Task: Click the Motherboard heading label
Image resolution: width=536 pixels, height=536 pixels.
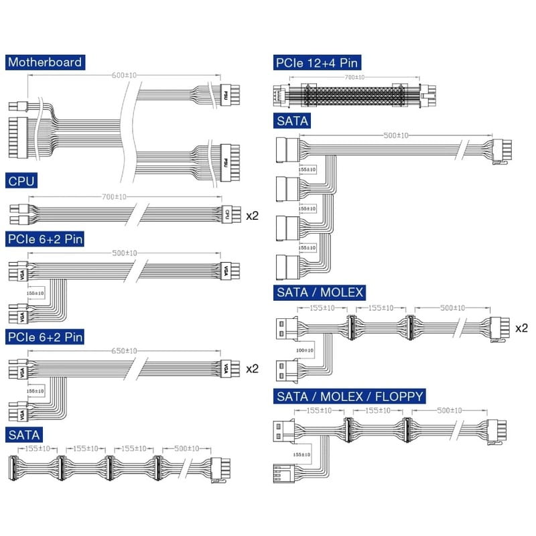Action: pyautogui.click(x=45, y=62)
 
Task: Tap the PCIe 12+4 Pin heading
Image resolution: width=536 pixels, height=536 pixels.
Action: pyautogui.click(x=317, y=64)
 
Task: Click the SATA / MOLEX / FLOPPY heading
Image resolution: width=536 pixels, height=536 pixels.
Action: pyautogui.click(x=349, y=397)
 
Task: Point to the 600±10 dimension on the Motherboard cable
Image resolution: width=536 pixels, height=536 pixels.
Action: pyautogui.click(x=124, y=76)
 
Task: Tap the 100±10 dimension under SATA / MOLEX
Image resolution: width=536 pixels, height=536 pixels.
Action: pyautogui.click(x=304, y=350)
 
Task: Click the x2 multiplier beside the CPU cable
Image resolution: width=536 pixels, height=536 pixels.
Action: pyautogui.click(x=253, y=215)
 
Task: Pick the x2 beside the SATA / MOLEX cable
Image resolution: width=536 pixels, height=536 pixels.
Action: pyautogui.click(x=521, y=328)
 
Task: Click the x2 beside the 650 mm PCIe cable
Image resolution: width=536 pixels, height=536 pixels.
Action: pyautogui.click(x=253, y=368)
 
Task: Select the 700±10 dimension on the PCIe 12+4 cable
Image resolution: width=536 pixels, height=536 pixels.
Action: pyautogui.click(x=352, y=78)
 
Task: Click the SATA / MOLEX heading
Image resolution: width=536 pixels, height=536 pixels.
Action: pyautogui.click(x=320, y=293)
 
